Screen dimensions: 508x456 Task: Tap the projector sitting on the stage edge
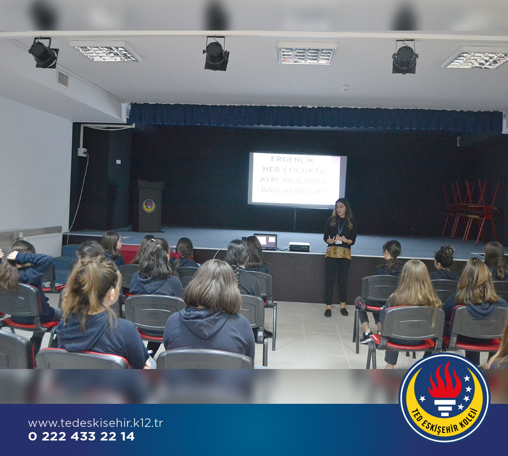click(299, 247)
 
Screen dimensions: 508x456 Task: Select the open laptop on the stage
click(266, 242)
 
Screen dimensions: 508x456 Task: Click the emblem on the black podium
click(149, 206)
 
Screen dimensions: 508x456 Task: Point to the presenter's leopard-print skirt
click(338, 253)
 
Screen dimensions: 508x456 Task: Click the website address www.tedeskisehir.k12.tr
click(95, 423)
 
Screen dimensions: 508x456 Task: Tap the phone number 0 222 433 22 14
click(81, 437)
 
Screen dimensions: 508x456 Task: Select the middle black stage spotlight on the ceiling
click(216, 54)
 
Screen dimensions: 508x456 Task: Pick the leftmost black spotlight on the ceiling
click(43, 53)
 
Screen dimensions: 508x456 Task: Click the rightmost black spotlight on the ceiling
click(405, 57)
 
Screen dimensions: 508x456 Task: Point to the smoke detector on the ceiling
click(344, 88)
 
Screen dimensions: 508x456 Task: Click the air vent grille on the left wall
click(63, 79)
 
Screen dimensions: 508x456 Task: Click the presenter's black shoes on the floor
click(336, 313)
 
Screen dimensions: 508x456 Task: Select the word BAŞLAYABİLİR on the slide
click(293, 190)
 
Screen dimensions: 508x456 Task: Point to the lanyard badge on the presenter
click(339, 241)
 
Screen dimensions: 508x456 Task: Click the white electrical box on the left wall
click(83, 152)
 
